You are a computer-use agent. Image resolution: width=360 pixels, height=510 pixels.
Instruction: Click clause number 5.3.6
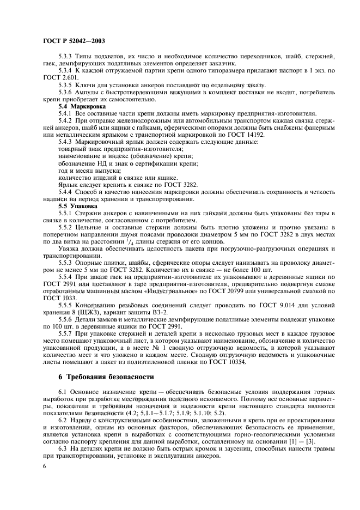click(66, 93)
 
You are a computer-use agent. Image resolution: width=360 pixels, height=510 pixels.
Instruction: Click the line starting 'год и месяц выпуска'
click(84, 171)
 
